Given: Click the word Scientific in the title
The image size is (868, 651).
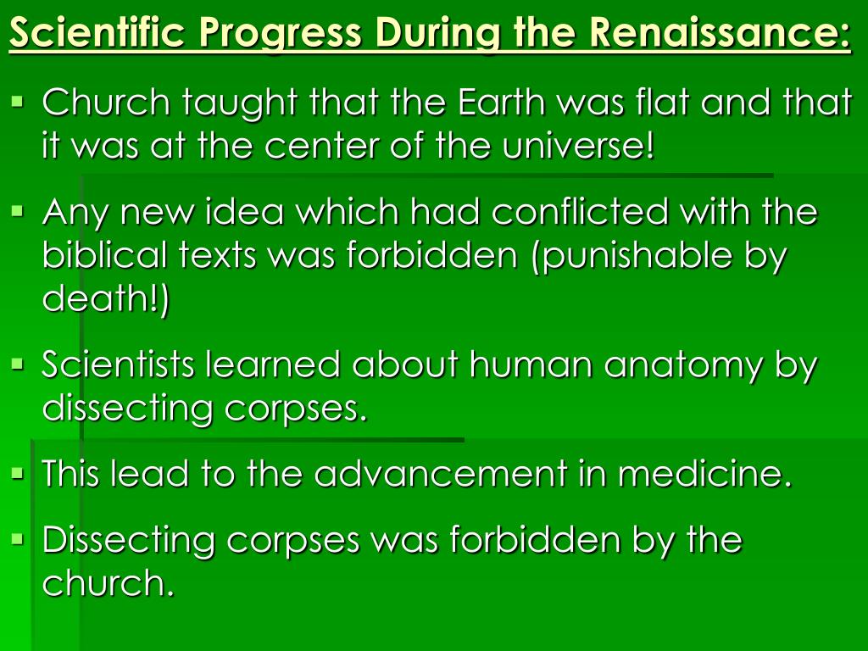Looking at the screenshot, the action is pyautogui.click(x=97, y=31).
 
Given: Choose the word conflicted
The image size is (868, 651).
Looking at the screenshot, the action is pyautogui.click(x=580, y=211).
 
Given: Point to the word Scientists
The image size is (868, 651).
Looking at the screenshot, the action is pyautogui.click(x=118, y=364).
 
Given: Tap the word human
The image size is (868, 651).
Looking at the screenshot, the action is pyautogui.click(x=531, y=364).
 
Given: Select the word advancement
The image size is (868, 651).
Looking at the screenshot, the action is pyautogui.click(x=441, y=474).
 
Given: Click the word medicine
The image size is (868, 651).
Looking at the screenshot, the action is pyautogui.click(x=705, y=474).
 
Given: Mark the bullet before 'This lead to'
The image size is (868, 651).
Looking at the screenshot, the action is pyautogui.click(x=19, y=474).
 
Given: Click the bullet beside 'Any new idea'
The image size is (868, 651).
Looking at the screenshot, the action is pyautogui.click(x=19, y=211).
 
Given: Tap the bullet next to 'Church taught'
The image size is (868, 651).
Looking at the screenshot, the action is pyautogui.click(x=19, y=103).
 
